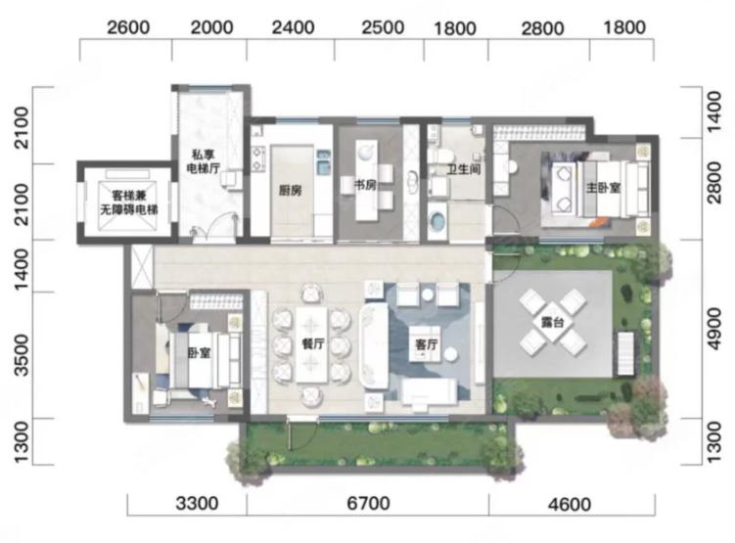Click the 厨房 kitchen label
290,190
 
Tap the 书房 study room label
365,185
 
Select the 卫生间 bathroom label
464,168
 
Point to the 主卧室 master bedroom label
603,188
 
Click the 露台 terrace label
552,322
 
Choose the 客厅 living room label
426,344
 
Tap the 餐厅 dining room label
313,343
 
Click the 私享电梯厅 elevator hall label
204,161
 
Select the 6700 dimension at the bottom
368,504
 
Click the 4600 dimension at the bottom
570,505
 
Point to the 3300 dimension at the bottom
198,504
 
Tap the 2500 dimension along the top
383,27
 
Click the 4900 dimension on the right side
713,329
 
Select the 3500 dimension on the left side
22,355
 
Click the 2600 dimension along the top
128,27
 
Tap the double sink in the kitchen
324,160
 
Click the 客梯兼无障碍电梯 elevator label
129,203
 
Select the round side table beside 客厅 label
451,354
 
